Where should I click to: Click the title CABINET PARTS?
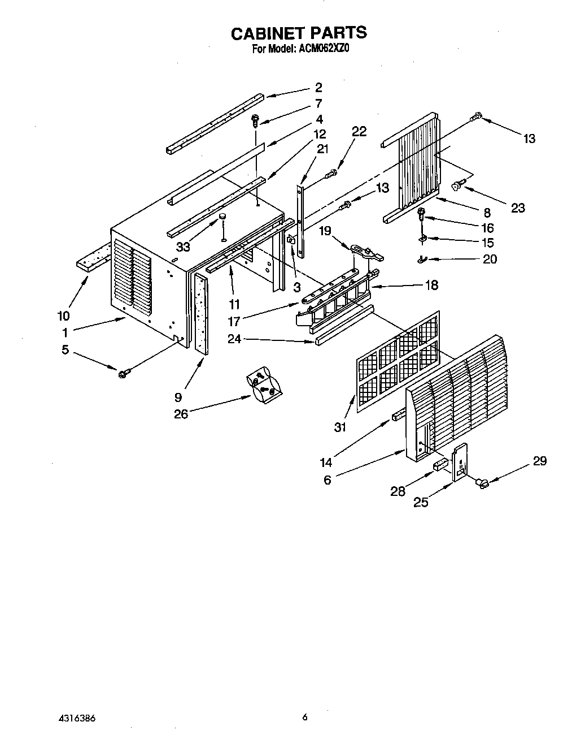click(299, 33)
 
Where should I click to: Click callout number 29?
click(539, 461)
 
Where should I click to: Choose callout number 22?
click(359, 131)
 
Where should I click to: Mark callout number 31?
click(339, 427)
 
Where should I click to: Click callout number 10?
click(64, 316)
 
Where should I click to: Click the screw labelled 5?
click(124, 373)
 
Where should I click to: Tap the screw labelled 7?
click(256, 120)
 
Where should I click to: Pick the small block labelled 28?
click(439, 466)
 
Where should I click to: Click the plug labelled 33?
click(222, 217)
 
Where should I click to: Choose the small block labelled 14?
click(397, 418)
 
